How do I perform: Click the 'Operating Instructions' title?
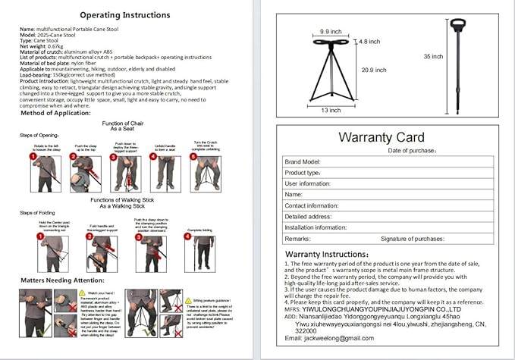coord(125,14)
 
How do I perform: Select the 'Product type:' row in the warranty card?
coord(303,173)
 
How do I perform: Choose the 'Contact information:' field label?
coord(312,205)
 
